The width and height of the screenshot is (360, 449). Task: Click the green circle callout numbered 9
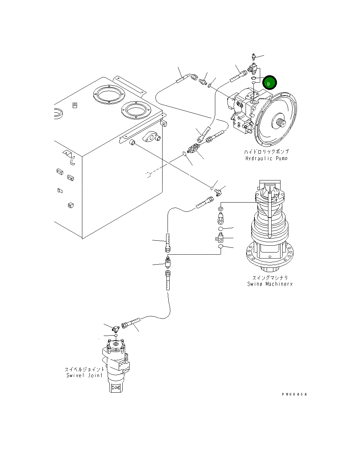coord(269,83)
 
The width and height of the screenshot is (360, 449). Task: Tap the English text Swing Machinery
coord(270,284)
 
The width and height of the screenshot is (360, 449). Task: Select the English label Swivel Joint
coord(84,375)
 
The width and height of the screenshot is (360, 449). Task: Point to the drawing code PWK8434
coord(294,394)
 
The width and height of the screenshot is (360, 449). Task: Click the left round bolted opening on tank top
coord(107,95)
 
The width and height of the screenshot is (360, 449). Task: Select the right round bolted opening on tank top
coord(135,109)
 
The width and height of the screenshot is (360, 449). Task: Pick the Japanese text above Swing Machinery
coord(270,277)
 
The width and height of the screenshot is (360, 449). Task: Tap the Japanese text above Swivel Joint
coord(84,369)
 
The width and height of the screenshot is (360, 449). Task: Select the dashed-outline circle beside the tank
coord(149,174)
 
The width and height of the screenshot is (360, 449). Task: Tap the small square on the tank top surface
coord(74,105)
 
